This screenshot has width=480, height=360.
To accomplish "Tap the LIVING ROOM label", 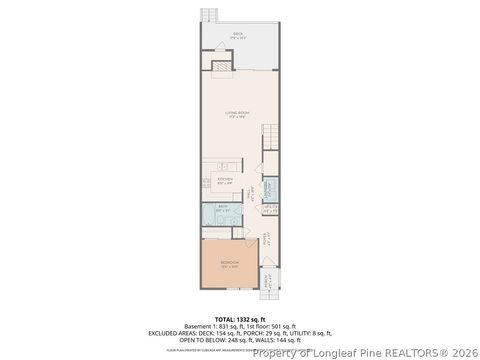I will (x=237, y=115).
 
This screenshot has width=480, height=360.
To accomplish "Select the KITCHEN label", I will (x=226, y=181).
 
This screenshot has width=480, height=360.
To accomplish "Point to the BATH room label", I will (x=224, y=209).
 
